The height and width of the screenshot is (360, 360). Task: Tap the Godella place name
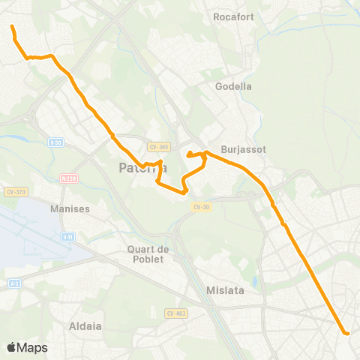coord(234,86)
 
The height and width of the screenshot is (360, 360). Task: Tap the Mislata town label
coord(226,289)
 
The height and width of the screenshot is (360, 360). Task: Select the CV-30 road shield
coord(200,207)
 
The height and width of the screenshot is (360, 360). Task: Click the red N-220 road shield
coord(69,178)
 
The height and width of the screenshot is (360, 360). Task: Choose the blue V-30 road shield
coord(55,142)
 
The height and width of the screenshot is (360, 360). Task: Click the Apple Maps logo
coord(27,347)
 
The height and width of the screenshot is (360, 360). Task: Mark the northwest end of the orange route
coord(12,27)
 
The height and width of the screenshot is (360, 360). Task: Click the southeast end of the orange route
coord(346,332)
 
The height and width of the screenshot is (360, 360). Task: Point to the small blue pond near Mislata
coord(256,283)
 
